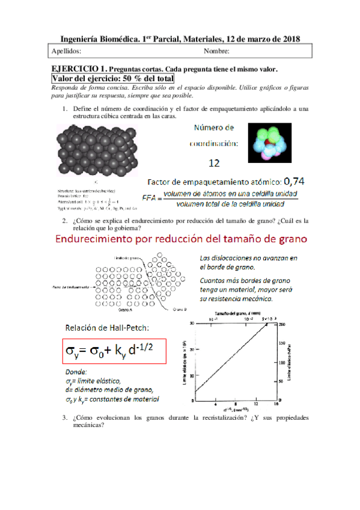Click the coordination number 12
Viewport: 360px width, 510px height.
(x=213, y=162)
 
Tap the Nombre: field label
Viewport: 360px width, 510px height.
(x=216, y=51)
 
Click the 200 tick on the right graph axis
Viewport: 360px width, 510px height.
(x=280, y=324)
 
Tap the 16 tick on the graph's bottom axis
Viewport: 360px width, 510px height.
(x=275, y=405)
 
